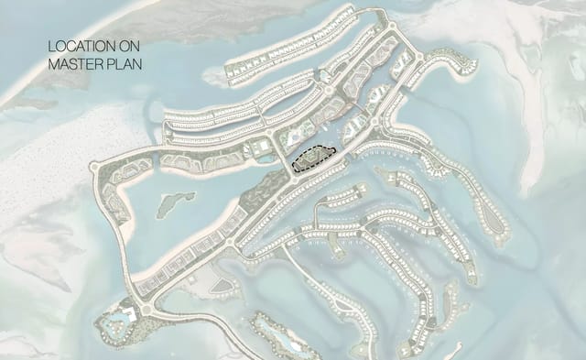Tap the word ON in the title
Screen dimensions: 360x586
point(129,45)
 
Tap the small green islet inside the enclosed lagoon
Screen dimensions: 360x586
point(174,203)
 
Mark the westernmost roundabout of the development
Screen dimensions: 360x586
point(94,166)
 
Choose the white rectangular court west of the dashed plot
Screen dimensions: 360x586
point(263,147)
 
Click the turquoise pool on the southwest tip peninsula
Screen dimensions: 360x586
point(117,323)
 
